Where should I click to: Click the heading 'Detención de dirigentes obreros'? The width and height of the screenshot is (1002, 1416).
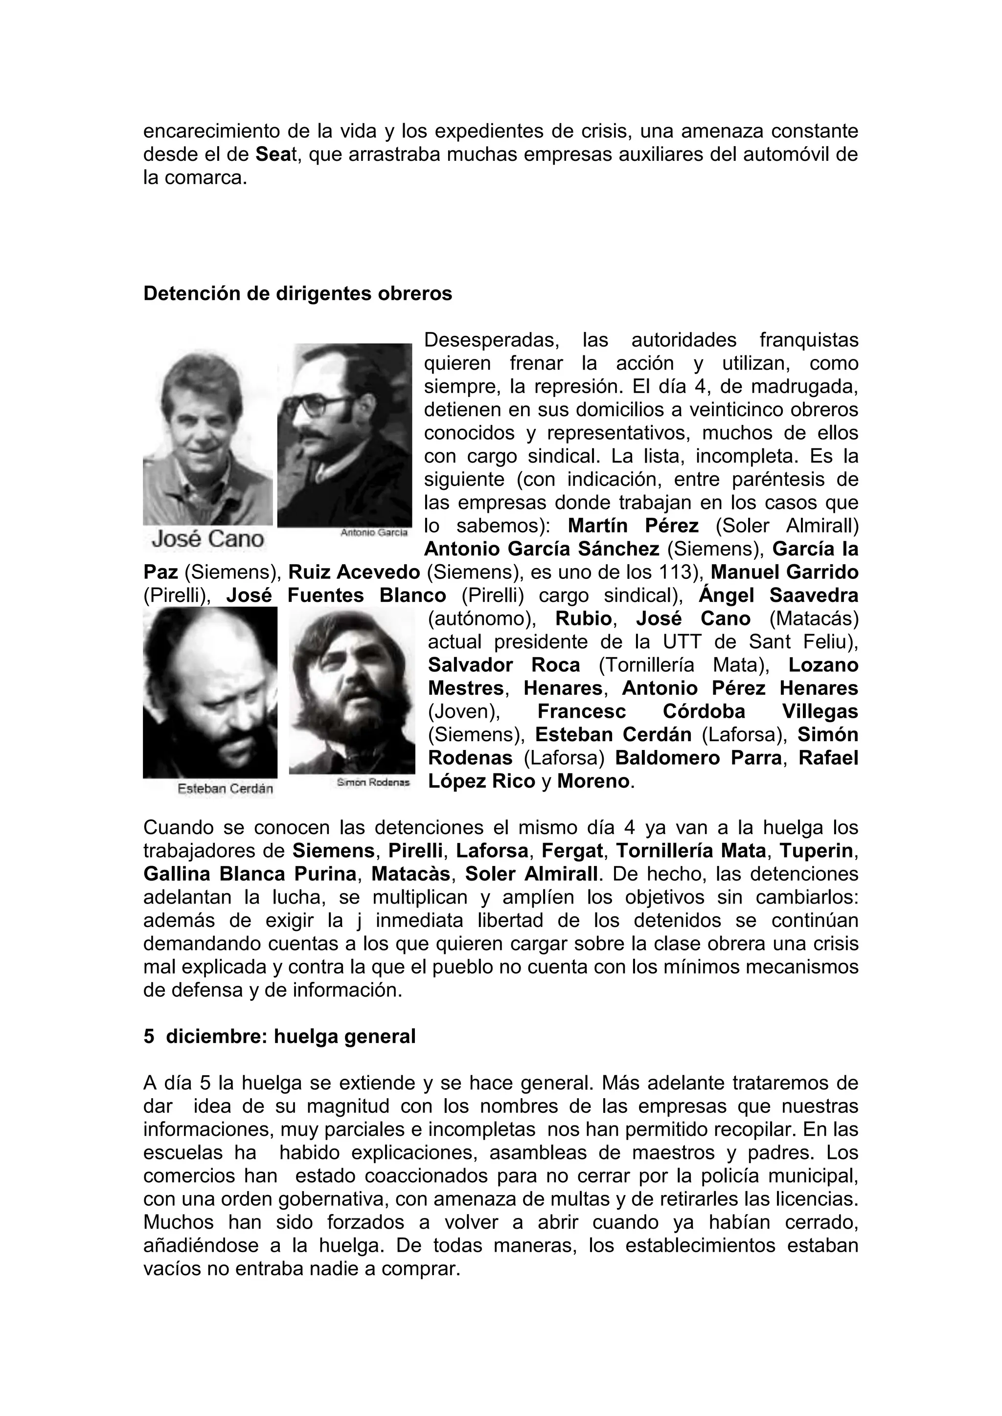[297, 293]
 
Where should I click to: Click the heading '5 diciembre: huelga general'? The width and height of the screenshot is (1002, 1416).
[279, 1036]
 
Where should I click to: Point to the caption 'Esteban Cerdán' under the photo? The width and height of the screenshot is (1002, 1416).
[225, 789]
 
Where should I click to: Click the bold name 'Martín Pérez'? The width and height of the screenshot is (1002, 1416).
[633, 526]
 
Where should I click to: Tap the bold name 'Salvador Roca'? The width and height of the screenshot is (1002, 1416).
[503, 665]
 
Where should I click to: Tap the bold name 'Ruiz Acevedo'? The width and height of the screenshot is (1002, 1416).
[354, 573]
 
